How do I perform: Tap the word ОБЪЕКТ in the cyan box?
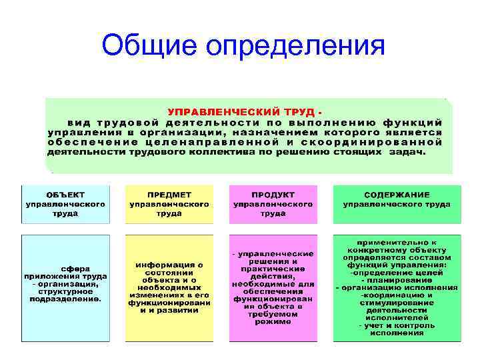pyautogui.click(x=65, y=194)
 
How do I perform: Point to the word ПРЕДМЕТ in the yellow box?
pyautogui.click(x=169, y=194)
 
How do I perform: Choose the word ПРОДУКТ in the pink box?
pyautogui.click(x=273, y=194)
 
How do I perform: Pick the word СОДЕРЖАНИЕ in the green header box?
pyautogui.click(x=397, y=194)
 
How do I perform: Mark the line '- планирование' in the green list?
pyautogui.click(x=397, y=280)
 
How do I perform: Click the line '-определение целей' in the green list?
pyautogui.click(x=397, y=273)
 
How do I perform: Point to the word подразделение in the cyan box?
pyautogui.click(x=64, y=299)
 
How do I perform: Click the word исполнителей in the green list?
pyautogui.click(x=397, y=317)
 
